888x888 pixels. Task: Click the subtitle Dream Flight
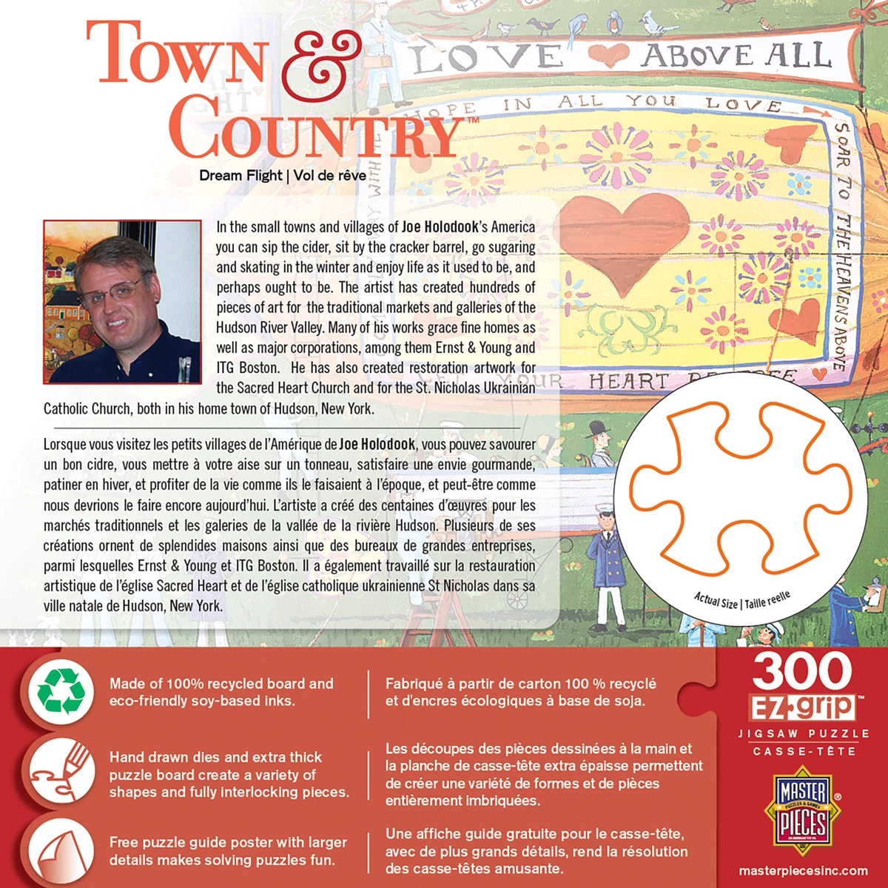pos(240,175)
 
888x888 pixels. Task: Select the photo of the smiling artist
pos(122,302)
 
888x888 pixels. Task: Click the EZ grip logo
pos(803,707)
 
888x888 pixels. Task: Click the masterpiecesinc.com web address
pos(803,871)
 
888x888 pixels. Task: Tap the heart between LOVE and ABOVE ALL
pos(608,55)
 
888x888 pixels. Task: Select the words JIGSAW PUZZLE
pos(803,733)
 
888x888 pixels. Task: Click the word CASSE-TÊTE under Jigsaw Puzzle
pos(803,751)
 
